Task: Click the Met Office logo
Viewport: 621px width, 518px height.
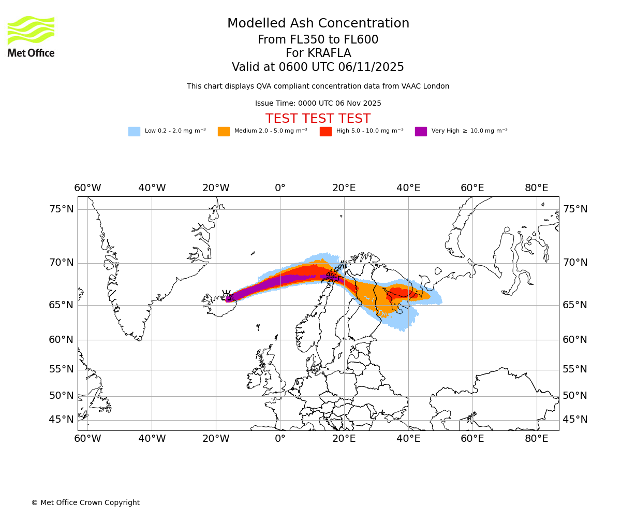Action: tap(31, 36)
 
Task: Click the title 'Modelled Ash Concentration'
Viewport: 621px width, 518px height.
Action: tap(318, 24)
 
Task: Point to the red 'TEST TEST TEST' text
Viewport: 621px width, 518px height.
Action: tap(318, 119)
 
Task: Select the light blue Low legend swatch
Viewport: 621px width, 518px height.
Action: tap(134, 132)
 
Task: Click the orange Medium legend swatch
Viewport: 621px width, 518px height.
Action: tap(224, 132)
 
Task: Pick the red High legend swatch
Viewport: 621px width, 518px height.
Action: tap(326, 132)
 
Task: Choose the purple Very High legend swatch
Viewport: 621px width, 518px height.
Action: tap(421, 132)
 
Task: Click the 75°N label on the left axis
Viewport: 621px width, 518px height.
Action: tap(62, 209)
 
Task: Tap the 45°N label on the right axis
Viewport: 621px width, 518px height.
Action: tap(575, 420)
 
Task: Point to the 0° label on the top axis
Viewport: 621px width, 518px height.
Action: tap(280, 188)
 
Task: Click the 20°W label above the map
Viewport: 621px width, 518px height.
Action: tap(216, 188)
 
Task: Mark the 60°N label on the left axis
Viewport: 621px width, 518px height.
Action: tap(62, 340)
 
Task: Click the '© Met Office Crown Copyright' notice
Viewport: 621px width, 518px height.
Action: tap(85, 502)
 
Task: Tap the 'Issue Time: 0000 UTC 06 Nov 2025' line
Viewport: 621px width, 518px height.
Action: tap(318, 104)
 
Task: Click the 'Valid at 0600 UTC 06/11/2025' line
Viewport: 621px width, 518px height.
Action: tap(318, 67)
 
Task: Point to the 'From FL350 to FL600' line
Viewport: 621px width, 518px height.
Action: tap(318, 40)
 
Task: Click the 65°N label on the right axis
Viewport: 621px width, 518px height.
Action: tap(575, 305)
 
